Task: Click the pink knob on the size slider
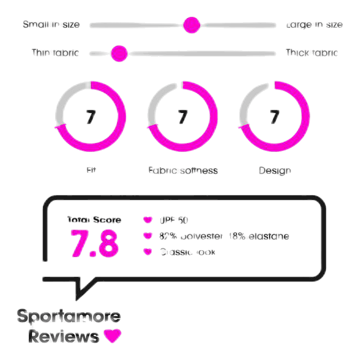tap(191, 25)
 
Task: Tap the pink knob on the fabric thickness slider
tap(119, 53)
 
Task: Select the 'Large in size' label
tap(314, 25)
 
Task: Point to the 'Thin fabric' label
tap(55, 53)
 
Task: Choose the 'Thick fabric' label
tap(311, 53)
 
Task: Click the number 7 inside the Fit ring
tap(91, 117)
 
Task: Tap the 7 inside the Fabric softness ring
tap(182, 117)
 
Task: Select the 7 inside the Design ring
tap(274, 117)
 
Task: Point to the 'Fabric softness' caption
tap(183, 170)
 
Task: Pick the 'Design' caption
tap(274, 170)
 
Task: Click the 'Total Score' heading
tap(94, 220)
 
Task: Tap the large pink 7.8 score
tap(95, 243)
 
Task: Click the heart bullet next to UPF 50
tap(148, 220)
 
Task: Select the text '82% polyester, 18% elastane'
tap(224, 236)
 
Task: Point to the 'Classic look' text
tap(188, 252)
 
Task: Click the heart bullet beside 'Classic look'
tap(148, 252)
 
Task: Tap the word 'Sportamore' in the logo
tap(69, 317)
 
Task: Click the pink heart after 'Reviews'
tap(112, 335)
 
